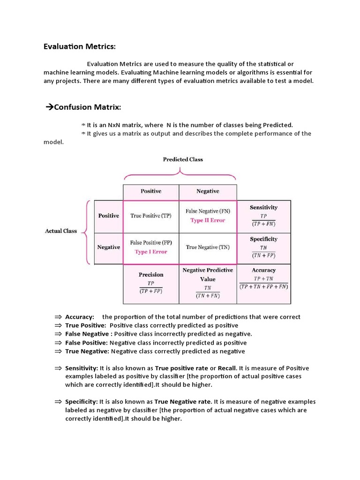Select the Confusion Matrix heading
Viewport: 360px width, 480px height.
click(x=87, y=108)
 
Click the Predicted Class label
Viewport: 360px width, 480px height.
click(x=183, y=159)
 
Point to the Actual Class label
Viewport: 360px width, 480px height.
click(x=61, y=231)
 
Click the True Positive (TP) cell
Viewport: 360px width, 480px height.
click(x=150, y=216)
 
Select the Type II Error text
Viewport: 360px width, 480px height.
click(x=208, y=220)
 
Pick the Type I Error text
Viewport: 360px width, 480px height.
click(x=150, y=252)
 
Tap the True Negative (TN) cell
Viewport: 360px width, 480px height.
click(x=208, y=247)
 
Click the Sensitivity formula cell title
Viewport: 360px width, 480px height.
click(x=263, y=207)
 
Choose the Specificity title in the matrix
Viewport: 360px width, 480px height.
click(x=263, y=239)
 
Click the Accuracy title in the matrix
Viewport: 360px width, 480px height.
click(x=263, y=270)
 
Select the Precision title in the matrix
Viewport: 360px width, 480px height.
click(x=151, y=275)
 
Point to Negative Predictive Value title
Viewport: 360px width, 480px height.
click(x=208, y=275)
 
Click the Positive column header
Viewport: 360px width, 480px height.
click(x=151, y=191)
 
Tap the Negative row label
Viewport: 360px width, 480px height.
click(x=108, y=247)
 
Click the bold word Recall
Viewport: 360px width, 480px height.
click(x=227, y=368)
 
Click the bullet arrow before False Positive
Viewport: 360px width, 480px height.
click(x=58, y=343)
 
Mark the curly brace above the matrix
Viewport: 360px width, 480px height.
click(x=180, y=176)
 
